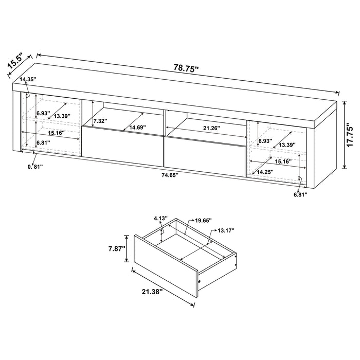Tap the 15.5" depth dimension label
pyautogui.click(x=16, y=61)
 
